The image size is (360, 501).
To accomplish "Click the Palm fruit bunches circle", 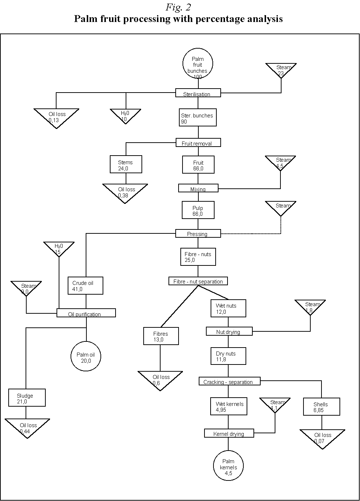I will (x=198, y=64).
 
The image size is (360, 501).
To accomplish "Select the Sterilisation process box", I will (x=198, y=93).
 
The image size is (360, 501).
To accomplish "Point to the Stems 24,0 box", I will (x=126, y=165).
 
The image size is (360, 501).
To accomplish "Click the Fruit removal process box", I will (x=198, y=143).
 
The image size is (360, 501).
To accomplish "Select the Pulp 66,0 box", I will (x=198, y=210).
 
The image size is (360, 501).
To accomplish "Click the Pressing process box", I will (x=198, y=233).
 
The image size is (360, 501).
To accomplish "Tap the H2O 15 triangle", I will (x=59, y=248).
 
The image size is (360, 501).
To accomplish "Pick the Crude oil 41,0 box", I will (x=86, y=286).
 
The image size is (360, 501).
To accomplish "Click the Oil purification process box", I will (x=86, y=313).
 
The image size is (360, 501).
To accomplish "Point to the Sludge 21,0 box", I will (x=27, y=398).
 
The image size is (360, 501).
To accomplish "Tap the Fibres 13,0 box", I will (x=161, y=336).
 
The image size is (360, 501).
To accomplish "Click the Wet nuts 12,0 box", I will (x=228, y=308).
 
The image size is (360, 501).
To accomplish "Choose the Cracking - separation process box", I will (x=229, y=381).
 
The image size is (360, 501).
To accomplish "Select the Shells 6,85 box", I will (x=321, y=407).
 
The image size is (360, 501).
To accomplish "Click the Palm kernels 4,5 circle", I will (x=228, y=466).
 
